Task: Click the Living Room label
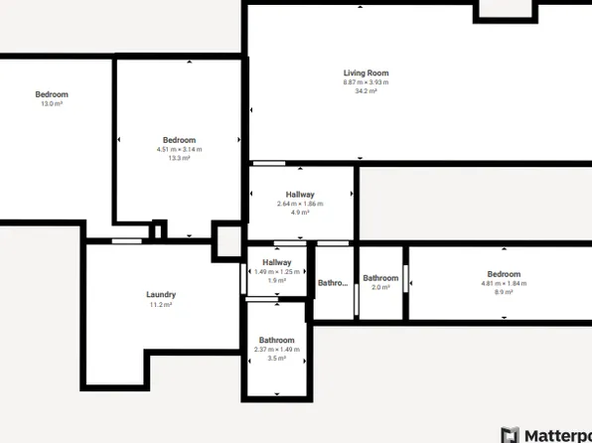click(366, 73)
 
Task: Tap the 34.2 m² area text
click(366, 90)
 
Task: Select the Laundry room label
click(161, 294)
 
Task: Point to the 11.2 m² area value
click(161, 305)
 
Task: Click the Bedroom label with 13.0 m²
click(52, 94)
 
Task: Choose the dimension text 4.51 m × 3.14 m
click(179, 149)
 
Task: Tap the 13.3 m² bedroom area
click(179, 158)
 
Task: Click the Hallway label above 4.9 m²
click(300, 195)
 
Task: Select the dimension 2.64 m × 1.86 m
click(300, 204)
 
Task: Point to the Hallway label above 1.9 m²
click(277, 262)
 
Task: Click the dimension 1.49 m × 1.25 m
click(277, 272)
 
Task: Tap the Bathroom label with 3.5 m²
click(277, 340)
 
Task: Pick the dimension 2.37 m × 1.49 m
click(277, 349)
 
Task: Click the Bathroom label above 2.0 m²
click(380, 278)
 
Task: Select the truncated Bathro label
click(332, 283)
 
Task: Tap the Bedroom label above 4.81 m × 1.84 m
click(504, 274)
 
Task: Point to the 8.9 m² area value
click(504, 292)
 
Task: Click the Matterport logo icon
click(510, 434)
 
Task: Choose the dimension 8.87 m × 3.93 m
click(366, 81)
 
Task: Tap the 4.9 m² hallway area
click(300, 213)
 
